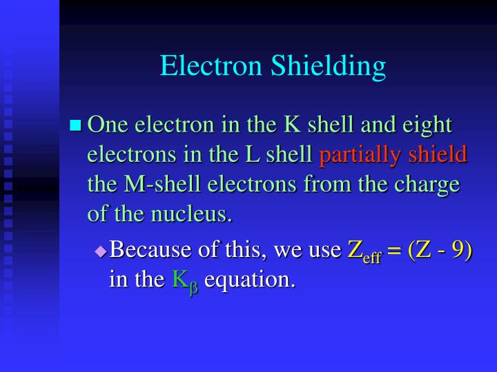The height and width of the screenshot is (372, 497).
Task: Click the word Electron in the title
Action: tap(209, 66)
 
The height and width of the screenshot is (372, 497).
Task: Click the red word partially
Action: tap(360, 155)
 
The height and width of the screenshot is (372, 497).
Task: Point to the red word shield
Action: tap(438, 155)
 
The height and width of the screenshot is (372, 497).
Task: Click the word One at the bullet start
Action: tap(108, 125)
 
